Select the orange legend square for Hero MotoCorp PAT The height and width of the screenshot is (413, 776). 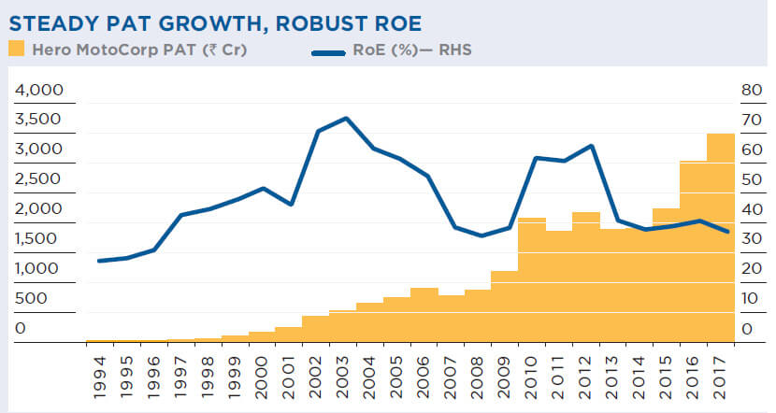pos(16,50)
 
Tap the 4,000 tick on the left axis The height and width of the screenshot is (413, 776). pos(38,90)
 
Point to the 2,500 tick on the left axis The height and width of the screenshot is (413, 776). pos(38,179)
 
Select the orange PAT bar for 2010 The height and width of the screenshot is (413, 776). pos(531,280)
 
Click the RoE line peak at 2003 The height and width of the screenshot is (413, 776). pos(346,119)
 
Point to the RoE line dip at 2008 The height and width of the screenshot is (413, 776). pos(481,235)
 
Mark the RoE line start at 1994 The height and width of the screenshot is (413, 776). pos(99,261)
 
